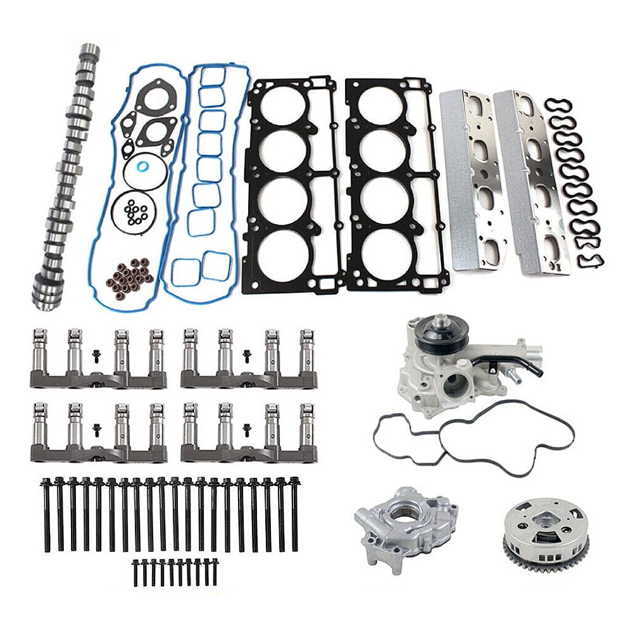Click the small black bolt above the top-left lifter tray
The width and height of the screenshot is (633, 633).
[96, 356]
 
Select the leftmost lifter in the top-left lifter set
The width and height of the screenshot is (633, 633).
[41, 351]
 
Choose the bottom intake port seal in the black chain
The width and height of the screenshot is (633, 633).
[591, 260]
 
